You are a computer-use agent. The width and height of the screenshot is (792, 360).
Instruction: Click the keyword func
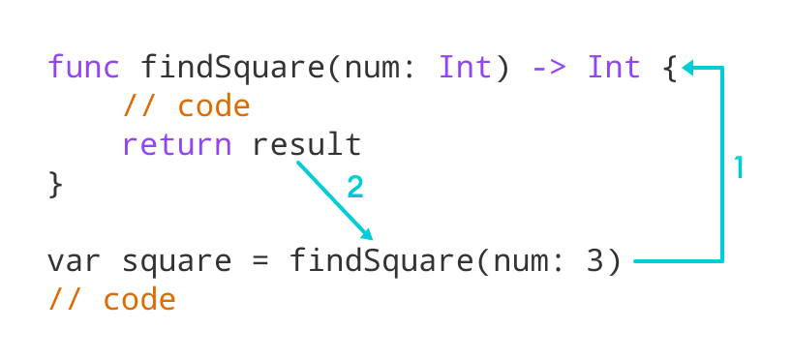pos(84,68)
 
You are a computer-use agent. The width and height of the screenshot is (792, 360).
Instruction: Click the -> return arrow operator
pos(550,68)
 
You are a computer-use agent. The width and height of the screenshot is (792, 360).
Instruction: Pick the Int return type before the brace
pos(614,68)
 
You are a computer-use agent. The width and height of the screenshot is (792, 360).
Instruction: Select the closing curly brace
pos(55,184)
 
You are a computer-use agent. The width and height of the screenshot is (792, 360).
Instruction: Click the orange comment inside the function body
pos(186,106)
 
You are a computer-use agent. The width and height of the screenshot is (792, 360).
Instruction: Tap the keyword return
pos(177,145)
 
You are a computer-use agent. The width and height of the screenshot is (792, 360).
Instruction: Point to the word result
pos(307,145)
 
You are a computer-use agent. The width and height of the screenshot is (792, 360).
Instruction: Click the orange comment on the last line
pos(111,300)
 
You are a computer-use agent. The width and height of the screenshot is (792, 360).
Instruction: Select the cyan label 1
pos(739,168)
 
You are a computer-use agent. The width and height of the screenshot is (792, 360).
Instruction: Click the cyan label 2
pos(355,187)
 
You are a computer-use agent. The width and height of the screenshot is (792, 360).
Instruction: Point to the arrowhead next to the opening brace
pos(687,68)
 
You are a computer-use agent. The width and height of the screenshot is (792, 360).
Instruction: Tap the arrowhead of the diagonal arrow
pos(368,235)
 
